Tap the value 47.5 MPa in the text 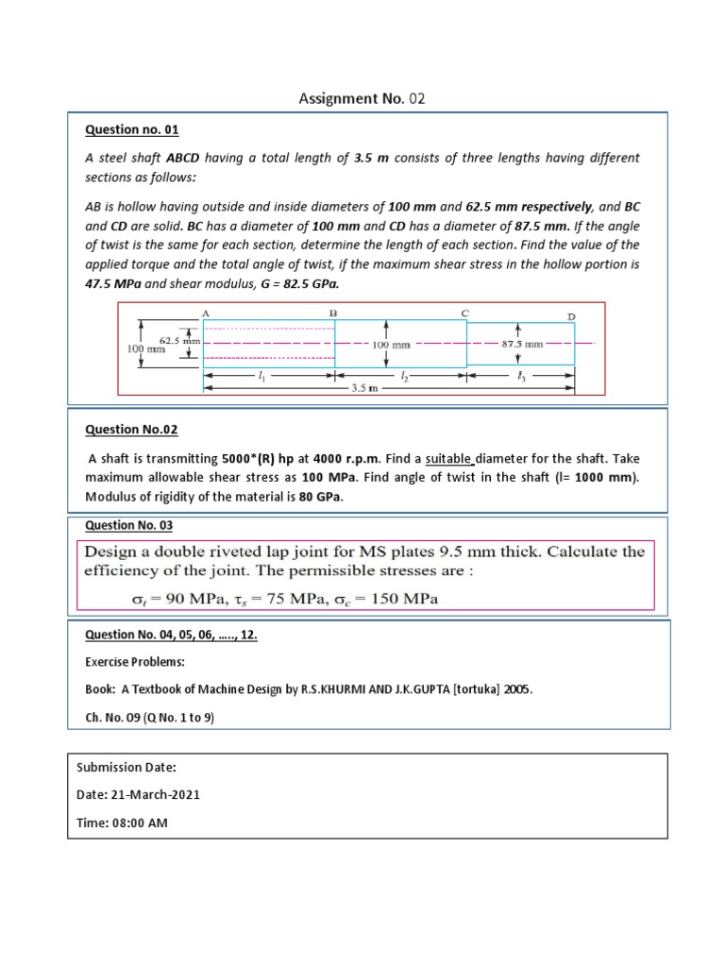pyautogui.click(x=114, y=282)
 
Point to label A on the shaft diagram pyautogui.click(x=205, y=312)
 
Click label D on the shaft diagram pyautogui.click(x=570, y=315)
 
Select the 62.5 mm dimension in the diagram pyautogui.click(x=176, y=340)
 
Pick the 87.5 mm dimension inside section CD pyautogui.click(x=521, y=345)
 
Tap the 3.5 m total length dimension pyautogui.click(x=363, y=387)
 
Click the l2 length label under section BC pyautogui.click(x=403, y=375)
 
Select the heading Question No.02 pyautogui.click(x=131, y=430)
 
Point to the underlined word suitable pyautogui.click(x=449, y=460)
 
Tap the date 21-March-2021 pyautogui.click(x=151, y=795)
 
